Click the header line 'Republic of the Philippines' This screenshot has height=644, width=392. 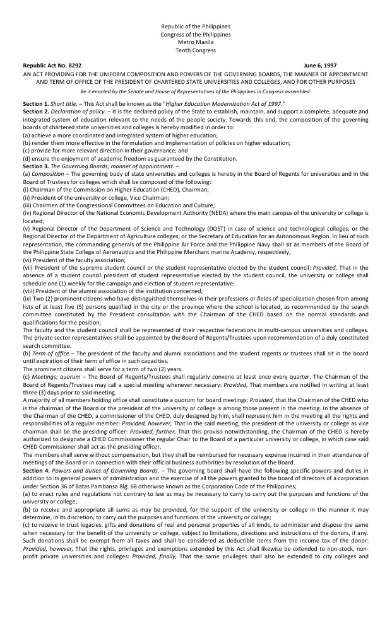click(x=196, y=26)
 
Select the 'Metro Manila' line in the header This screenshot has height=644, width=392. click(x=196, y=42)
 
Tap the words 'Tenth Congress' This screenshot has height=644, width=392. click(x=196, y=50)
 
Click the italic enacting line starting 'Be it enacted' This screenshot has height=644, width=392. click(x=196, y=91)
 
